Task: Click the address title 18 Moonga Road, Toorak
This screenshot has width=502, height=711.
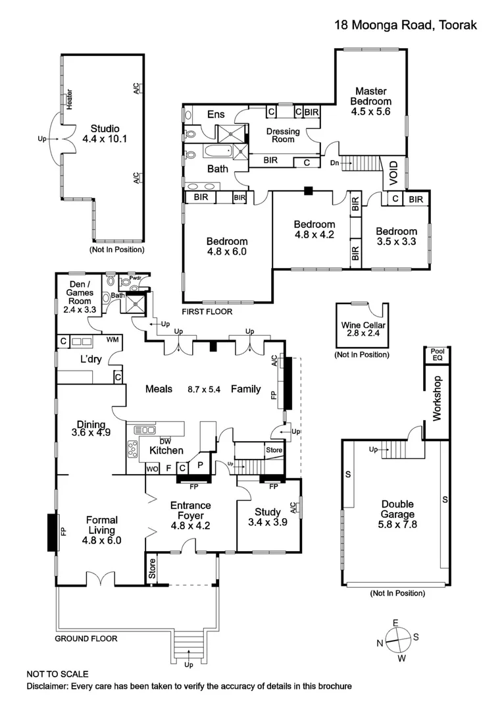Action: click(x=405, y=25)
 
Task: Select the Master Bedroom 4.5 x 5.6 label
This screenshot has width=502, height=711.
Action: click(x=370, y=101)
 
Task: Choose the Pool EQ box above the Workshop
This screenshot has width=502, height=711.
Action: click(x=437, y=354)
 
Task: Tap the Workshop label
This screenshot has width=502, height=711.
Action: click(x=437, y=398)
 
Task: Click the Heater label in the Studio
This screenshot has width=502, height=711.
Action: click(x=70, y=99)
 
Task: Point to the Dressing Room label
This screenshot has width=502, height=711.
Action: click(x=283, y=135)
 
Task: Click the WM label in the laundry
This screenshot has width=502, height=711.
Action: click(x=112, y=340)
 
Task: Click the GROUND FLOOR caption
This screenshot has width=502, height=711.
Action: click(x=86, y=639)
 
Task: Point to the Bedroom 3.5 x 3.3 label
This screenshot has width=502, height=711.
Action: click(x=396, y=236)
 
